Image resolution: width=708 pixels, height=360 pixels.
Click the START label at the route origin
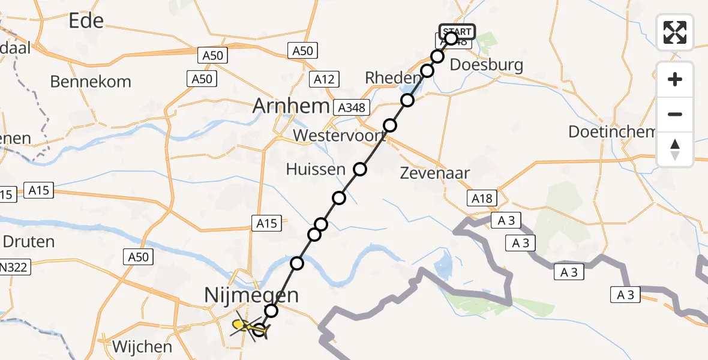pyautogui.click(x=457, y=31)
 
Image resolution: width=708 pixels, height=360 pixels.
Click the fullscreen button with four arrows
pyautogui.click(x=675, y=32)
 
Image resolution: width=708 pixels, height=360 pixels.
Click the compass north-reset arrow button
pyautogui.click(x=675, y=149)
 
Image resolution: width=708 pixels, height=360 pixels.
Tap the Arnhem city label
pyautogui.click(x=291, y=106)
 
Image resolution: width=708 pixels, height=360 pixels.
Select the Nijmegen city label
pyautogui.click(x=251, y=295)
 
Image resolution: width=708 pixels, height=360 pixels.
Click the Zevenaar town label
pyautogui.click(x=435, y=173)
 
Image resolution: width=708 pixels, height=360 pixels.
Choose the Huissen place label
pyautogui.click(x=316, y=169)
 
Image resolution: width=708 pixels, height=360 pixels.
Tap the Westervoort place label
pyautogui.click(x=339, y=136)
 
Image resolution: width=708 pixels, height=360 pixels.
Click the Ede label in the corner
pyautogui.click(x=86, y=21)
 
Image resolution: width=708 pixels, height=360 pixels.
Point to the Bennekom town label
pyautogui.click(x=91, y=82)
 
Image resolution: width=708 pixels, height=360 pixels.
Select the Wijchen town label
pyautogui.click(x=142, y=346)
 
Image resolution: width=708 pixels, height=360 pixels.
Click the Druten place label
pyautogui.click(x=29, y=242)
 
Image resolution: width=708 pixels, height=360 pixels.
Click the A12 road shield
pyautogui.click(x=326, y=79)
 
